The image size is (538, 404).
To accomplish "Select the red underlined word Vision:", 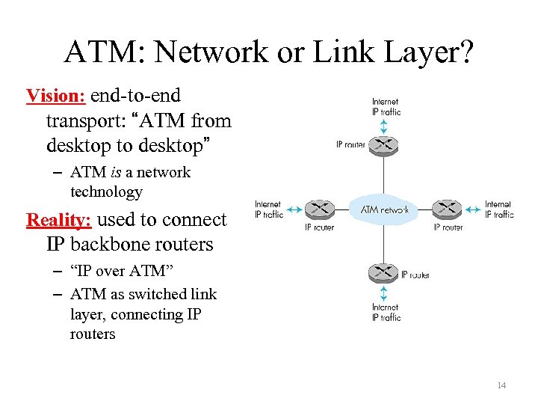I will pyautogui.click(x=57, y=96).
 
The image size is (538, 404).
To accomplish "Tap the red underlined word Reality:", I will pyautogui.click(x=59, y=220).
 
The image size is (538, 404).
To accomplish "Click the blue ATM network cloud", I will pyautogui.click(x=384, y=209).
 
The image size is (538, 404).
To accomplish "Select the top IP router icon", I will pyautogui.click(x=384, y=144).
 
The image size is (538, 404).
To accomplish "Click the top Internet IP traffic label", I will pyautogui.click(x=386, y=106).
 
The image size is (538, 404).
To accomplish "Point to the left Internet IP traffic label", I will pyautogui.click(x=269, y=209).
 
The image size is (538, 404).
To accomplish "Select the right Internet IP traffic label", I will pyautogui.click(x=498, y=209).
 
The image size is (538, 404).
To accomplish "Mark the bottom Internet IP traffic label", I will pyautogui.click(x=386, y=312).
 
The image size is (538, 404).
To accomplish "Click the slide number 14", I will pyautogui.click(x=501, y=385).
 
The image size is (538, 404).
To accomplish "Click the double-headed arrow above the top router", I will pyautogui.click(x=384, y=125).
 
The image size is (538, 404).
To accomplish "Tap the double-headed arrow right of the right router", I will pyautogui.click(x=473, y=209).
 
